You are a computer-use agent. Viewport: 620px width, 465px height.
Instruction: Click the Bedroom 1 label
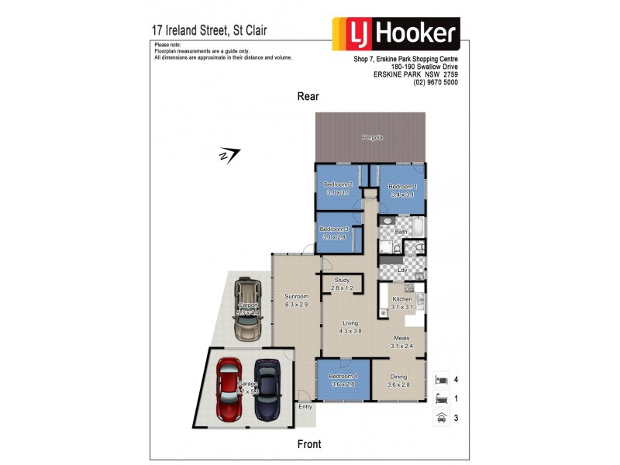coord(402,187)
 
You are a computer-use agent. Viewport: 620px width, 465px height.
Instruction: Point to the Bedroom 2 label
coord(338,184)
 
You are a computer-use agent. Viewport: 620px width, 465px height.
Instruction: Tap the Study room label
coord(342,280)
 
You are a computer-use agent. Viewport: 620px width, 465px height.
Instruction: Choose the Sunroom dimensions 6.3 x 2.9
coord(296,305)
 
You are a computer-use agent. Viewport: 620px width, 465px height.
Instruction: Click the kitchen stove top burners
coord(409,288)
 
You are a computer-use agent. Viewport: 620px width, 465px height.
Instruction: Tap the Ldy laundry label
coord(401,270)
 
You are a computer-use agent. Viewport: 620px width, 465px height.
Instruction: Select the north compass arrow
coord(229,155)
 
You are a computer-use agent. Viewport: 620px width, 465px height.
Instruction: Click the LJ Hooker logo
coord(396,34)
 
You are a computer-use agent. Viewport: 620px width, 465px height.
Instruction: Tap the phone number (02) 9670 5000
coord(436,82)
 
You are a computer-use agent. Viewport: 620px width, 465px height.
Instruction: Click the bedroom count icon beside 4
coord(441,380)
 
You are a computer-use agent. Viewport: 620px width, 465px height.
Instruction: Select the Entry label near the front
coord(305,407)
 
